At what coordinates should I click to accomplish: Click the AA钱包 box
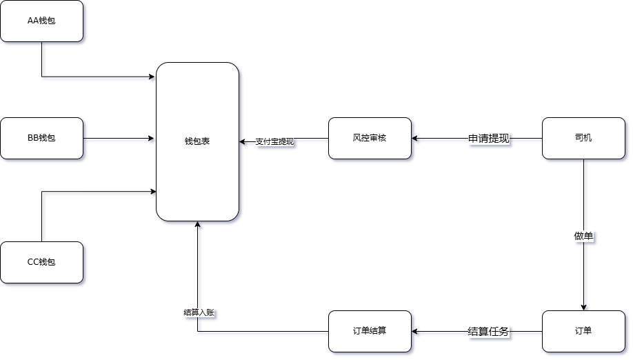pos(41,21)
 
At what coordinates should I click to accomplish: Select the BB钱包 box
pos(41,138)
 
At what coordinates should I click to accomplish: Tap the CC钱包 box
pos(41,262)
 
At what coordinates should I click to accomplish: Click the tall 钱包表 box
pos(197,141)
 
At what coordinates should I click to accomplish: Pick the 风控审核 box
pos(370,138)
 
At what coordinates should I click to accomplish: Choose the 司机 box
pos(583,138)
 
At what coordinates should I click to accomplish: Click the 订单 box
pos(583,331)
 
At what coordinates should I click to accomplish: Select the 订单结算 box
pos(370,331)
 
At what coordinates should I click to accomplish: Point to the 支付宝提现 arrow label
pos(275,142)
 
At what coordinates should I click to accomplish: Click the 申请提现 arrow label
pos(489,139)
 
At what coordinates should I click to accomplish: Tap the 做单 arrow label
pos(584,236)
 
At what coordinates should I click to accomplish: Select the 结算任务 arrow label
pos(489,332)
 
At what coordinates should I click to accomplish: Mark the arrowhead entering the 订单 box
pos(584,308)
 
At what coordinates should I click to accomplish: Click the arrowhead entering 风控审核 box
pos(415,139)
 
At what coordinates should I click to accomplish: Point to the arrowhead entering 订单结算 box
pos(415,332)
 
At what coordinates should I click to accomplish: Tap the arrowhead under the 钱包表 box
pos(198,224)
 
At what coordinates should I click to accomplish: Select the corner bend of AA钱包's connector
pos(42,76)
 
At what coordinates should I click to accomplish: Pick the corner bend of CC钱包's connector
pos(42,192)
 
